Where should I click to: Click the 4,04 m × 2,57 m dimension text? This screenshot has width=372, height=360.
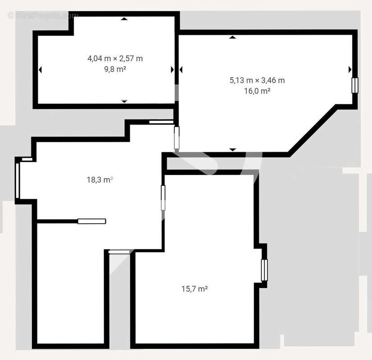point(115,58)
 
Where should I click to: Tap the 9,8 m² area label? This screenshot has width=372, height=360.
point(115,69)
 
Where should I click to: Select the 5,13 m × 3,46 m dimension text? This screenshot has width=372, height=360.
point(257,81)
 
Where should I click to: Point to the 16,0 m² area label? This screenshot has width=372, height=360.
point(257,91)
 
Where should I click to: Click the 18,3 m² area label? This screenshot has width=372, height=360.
point(100,180)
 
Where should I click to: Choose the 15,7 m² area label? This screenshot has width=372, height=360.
point(194,289)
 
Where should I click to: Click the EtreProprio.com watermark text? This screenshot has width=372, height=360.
point(43,15)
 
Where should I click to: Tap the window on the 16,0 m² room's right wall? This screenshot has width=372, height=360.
point(355,85)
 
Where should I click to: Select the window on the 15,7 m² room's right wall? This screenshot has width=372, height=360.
point(264,270)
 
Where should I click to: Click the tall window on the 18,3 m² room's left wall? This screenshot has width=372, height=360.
point(18,180)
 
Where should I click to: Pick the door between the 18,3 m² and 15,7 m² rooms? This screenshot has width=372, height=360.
point(163,198)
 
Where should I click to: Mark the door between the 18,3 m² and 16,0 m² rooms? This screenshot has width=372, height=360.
point(177,138)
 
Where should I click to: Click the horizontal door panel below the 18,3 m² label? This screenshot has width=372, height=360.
point(91,221)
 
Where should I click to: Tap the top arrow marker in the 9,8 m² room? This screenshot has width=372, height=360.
point(124,19)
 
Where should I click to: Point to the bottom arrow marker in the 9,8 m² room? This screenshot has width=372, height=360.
point(124,101)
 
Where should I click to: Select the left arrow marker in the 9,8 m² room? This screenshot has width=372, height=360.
point(40,70)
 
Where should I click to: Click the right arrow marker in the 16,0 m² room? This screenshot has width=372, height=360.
point(349,70)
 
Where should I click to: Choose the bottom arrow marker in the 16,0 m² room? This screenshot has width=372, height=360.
point(232,149)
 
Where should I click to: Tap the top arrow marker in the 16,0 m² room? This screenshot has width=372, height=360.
point(232,37)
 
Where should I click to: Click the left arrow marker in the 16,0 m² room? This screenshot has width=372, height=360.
point(181,70)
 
